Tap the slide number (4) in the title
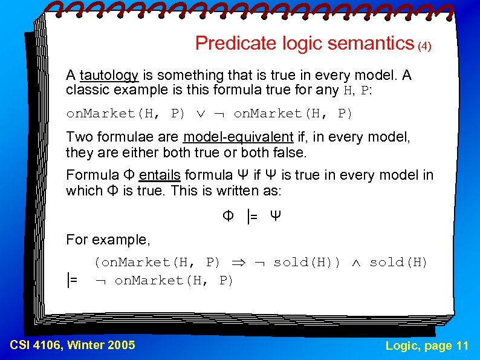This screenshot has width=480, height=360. click(x=425, y=46)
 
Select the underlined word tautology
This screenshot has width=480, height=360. click(x=109, y=75)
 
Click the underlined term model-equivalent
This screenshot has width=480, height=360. click(x=239, y=137)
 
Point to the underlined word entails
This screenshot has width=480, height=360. click(x=160, y=175)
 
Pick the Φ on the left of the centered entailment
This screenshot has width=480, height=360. click(x=228, y=216)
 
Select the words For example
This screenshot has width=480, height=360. click(x=107, y=240)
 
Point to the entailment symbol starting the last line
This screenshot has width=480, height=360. click(x=73, y=280)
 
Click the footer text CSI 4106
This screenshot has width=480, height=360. click(x=36, y=345)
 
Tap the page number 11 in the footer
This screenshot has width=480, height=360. click(x=462, y=345)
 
